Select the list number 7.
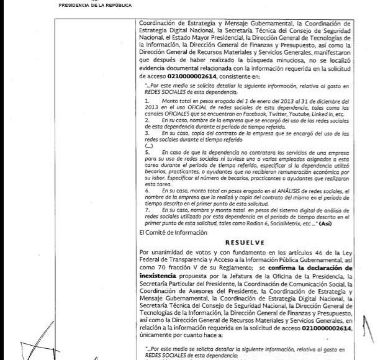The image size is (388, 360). click(146, 210)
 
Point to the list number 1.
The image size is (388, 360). click(146, 100)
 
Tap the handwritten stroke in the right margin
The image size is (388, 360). click(372, 332)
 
